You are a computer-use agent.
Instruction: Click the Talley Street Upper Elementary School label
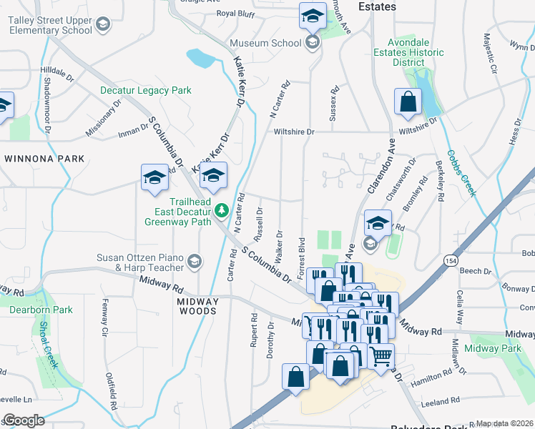50,25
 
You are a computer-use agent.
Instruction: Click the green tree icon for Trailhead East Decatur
222,209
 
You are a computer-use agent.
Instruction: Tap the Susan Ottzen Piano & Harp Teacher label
141,262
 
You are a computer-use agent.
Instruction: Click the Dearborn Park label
41,310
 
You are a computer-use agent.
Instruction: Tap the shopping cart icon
381,355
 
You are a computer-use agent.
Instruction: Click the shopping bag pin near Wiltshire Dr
407,102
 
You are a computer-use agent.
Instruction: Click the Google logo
24,420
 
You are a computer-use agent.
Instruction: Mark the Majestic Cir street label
489,54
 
